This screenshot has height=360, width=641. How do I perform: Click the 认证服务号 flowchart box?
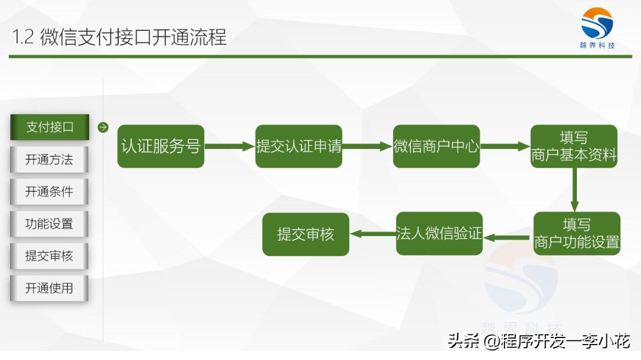[160, 146]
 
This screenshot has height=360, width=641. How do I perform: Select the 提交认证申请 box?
[299, 146]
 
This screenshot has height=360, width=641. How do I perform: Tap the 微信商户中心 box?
[436, 146]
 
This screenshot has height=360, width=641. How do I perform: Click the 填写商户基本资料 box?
[574, 146]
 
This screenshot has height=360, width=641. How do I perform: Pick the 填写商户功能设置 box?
[576, 234]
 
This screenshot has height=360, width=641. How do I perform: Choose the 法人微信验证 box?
[439, 234]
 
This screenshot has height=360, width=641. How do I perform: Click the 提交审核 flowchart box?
[306, 234]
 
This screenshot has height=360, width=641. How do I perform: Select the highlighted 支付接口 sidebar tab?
[49, 127]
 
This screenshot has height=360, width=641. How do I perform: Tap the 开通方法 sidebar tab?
[49, 160]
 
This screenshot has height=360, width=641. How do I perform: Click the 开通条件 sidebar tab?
[49, 192]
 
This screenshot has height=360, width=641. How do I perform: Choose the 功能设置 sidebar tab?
[49, 224]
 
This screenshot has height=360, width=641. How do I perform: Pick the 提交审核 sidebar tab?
[49, 256]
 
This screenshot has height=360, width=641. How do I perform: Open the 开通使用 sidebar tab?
[49, 288]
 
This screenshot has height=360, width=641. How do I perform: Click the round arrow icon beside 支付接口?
[103, 127]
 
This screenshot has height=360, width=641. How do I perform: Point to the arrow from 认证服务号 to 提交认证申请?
[230, 146]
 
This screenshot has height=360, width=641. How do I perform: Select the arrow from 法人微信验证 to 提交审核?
[373, 234]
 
